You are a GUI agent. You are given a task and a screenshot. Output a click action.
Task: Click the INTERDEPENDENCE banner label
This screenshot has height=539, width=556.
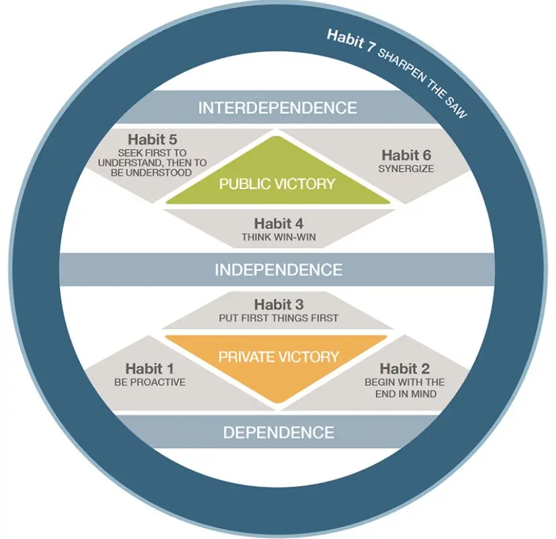(x=277, y=107)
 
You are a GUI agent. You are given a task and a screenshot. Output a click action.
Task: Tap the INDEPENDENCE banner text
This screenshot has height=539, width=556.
(x=278, y=269)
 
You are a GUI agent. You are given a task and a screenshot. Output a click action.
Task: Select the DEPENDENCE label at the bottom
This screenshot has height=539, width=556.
(x=278, y=432)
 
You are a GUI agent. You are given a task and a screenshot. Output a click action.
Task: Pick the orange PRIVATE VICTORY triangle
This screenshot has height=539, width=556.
(x=277, y=362)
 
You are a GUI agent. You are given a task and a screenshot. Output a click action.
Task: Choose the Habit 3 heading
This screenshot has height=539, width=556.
(x=278, y=304)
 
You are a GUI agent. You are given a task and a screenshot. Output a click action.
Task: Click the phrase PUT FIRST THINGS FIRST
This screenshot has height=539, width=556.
(x=278, y=318)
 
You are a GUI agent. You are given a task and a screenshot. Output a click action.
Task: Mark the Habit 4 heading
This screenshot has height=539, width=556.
(x=278, y=223)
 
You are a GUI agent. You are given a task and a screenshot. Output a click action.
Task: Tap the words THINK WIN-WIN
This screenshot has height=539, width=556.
(x=278, y=237)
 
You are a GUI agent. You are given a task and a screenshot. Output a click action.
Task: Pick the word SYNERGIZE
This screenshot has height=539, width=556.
(x=406, y=168)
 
